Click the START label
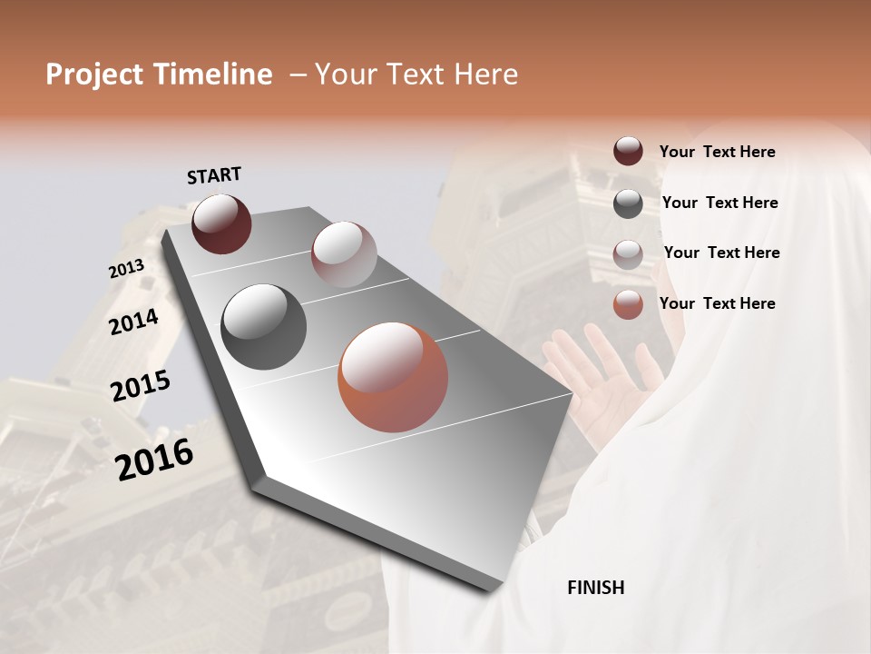214,175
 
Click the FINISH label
595,588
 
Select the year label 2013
126,269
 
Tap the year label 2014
133,322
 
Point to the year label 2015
141,386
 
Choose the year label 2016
154,459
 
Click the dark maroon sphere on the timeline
221,223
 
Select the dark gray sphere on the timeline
264,327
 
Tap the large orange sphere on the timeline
393,377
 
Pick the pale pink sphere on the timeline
344,254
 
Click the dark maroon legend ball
628,152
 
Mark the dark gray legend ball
628,203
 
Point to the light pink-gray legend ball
628,253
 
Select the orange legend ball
628,304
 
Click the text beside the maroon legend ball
717,153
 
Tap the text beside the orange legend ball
717,303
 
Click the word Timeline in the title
219,74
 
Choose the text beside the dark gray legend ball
719,203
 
